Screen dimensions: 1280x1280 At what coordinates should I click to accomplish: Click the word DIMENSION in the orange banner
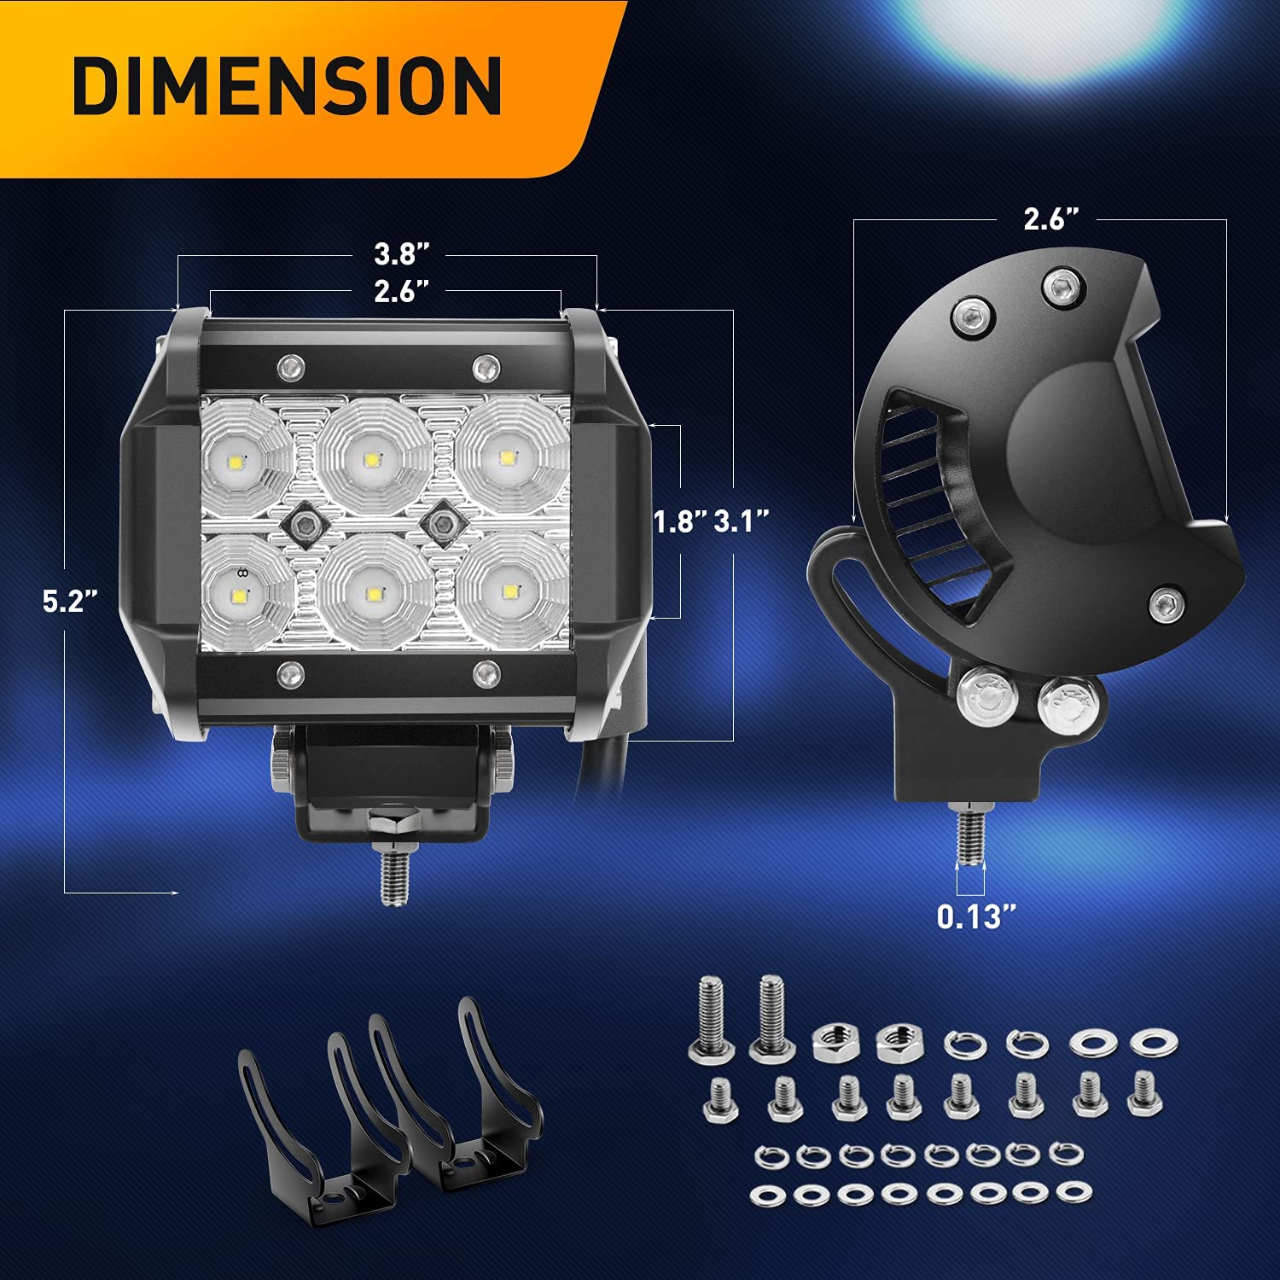pyautogui.click(x=288, y=86)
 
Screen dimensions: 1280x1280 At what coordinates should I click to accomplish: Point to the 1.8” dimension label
pyautogui.click(x=681, y=521)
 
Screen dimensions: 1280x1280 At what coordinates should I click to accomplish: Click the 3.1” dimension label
pyautogui.click(x=742, y=521)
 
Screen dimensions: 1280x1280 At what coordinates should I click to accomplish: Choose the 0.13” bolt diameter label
pyautogui.click(x=977, y=916)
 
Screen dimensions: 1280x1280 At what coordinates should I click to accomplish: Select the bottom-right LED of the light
pyautogui.click(x=510, y=591)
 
